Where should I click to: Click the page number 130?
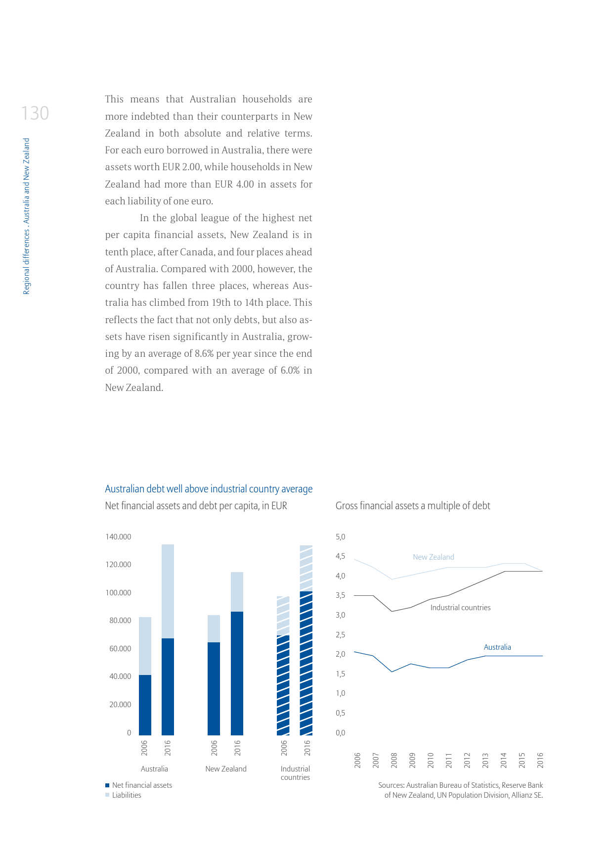pyautogui.click(x=35, y=113)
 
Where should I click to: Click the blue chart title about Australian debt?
pyautogui.click(x=209, y=489)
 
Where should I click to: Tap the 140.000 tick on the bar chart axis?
pyautogui.click(x=118, y=537)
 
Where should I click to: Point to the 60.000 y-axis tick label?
pyautogui.click(x=120, y=649)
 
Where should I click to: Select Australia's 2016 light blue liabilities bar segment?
pyautogui.click(x=168, y=591)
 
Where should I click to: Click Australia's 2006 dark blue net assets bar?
pyautogui.click(x=145, y=705)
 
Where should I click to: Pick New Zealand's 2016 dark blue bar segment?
pyautogui.click(x=237, y=673)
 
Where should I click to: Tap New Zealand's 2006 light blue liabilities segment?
pyautogui.click(x=214, y=628)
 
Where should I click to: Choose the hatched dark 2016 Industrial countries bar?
pyautogui.click(x=306, y=663)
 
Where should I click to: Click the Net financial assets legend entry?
pyautogui.click(x=141, y=785)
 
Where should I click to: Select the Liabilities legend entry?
pyautogui.click(x=126, y=795)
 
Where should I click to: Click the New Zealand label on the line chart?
pyautogui.click(x=433, y=557)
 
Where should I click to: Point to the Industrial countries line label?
pyautogui.click(x=460, y=608)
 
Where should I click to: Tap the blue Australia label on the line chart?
pyautogui.click(x=497, y=647)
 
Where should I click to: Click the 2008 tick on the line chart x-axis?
pyautogui.click(x=394, y=760)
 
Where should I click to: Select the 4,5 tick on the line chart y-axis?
pyautogui.click(x=340, y=556)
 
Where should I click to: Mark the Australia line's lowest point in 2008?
pyautogui.click(x=392, y=672)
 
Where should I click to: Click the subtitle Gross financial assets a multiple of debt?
pyautogui.click(x=413, y=506)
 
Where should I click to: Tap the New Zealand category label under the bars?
pyautogui.click(x=226, y=769)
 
